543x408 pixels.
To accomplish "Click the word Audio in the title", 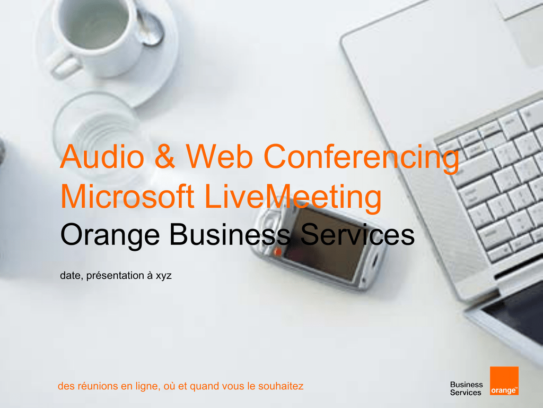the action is [102, 156].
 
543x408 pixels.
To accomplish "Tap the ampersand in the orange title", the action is [164, 157].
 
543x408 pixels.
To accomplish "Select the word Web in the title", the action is [219, 156].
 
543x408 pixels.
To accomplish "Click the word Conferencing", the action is [361, 158].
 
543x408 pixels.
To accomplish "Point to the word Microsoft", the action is [127, 196].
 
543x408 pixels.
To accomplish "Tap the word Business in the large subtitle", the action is [230, 234].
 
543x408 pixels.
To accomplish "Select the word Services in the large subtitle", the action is [357, 234].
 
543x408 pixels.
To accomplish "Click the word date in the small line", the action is [72, 276].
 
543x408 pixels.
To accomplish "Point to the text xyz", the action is [163, 276].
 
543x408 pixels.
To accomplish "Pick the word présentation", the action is [115, 276].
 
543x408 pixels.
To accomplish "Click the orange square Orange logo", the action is [504, 381].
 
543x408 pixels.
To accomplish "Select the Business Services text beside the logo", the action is [466, 388].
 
